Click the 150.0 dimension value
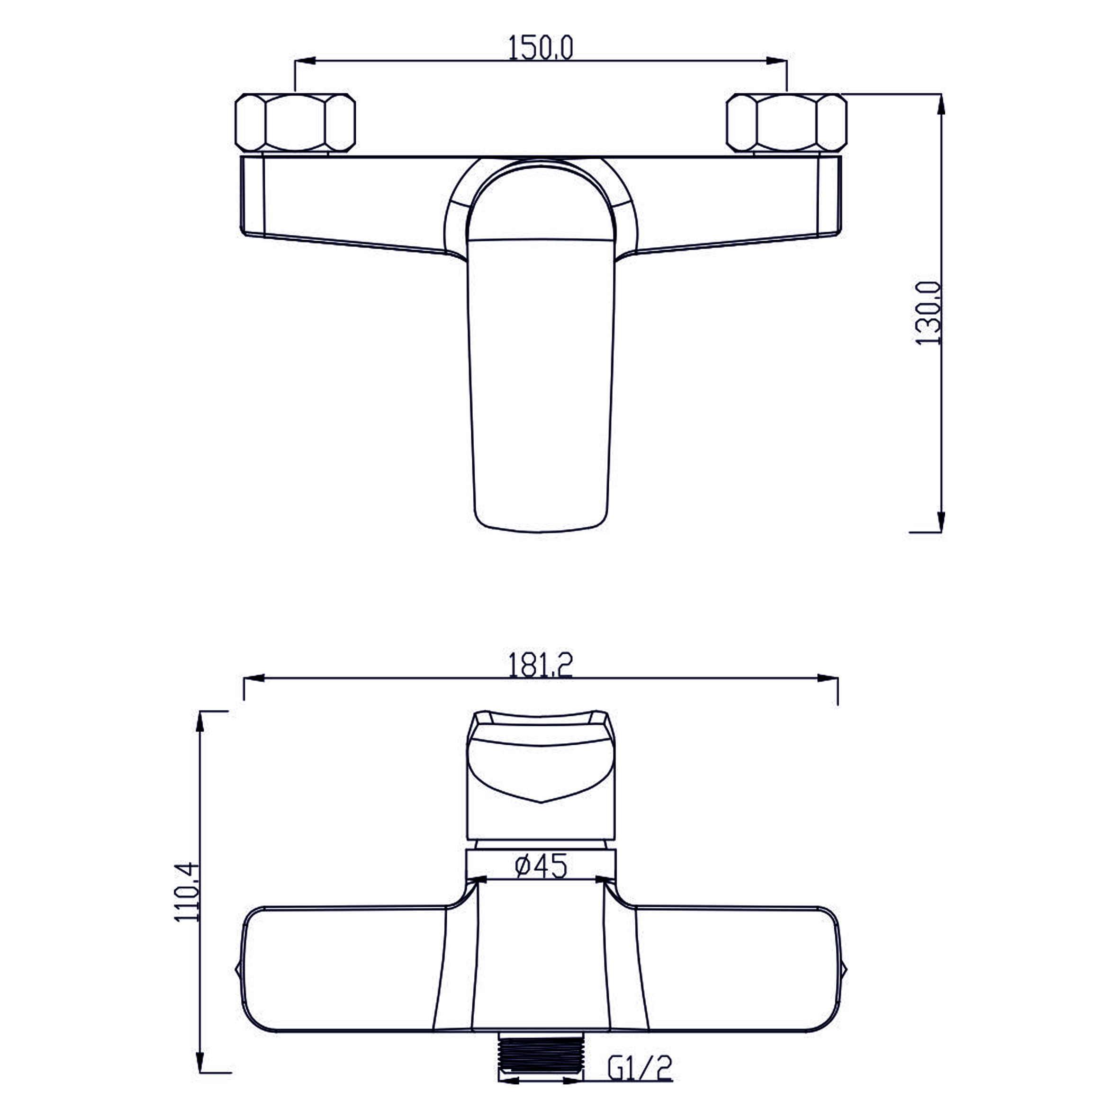[541, 47]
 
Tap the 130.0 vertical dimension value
[929, 313]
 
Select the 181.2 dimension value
[541, 666]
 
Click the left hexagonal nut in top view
[296, 122]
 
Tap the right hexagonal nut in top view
[786, 122]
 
